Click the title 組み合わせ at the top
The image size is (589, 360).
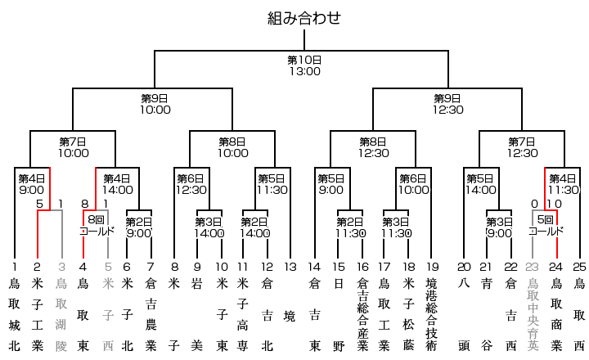point(303,18)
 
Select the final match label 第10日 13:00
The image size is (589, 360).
point(304,65)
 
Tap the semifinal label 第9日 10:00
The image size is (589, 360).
point(155,104)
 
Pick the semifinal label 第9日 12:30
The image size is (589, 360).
point(447,104)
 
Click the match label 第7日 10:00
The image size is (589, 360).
point(74,147)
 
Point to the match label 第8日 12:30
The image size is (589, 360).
point(373,147)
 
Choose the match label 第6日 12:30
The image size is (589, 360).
point(191,184)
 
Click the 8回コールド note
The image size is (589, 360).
point(97,225)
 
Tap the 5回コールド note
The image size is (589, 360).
point(546,225)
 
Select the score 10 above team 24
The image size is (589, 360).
point(554,204)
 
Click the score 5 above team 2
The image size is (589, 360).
point(39,204)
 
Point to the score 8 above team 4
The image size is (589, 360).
point(85,204)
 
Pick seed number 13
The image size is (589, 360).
point(290,267)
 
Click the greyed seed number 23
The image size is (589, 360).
point(532,267)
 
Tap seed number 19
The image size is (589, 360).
point(433,267)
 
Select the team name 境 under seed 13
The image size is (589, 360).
point(290,317)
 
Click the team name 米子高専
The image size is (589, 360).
point(243,314)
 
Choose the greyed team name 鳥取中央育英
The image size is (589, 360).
point(533,314)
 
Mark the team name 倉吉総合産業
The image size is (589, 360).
point(363,314)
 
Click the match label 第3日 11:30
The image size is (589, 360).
point(397,227)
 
